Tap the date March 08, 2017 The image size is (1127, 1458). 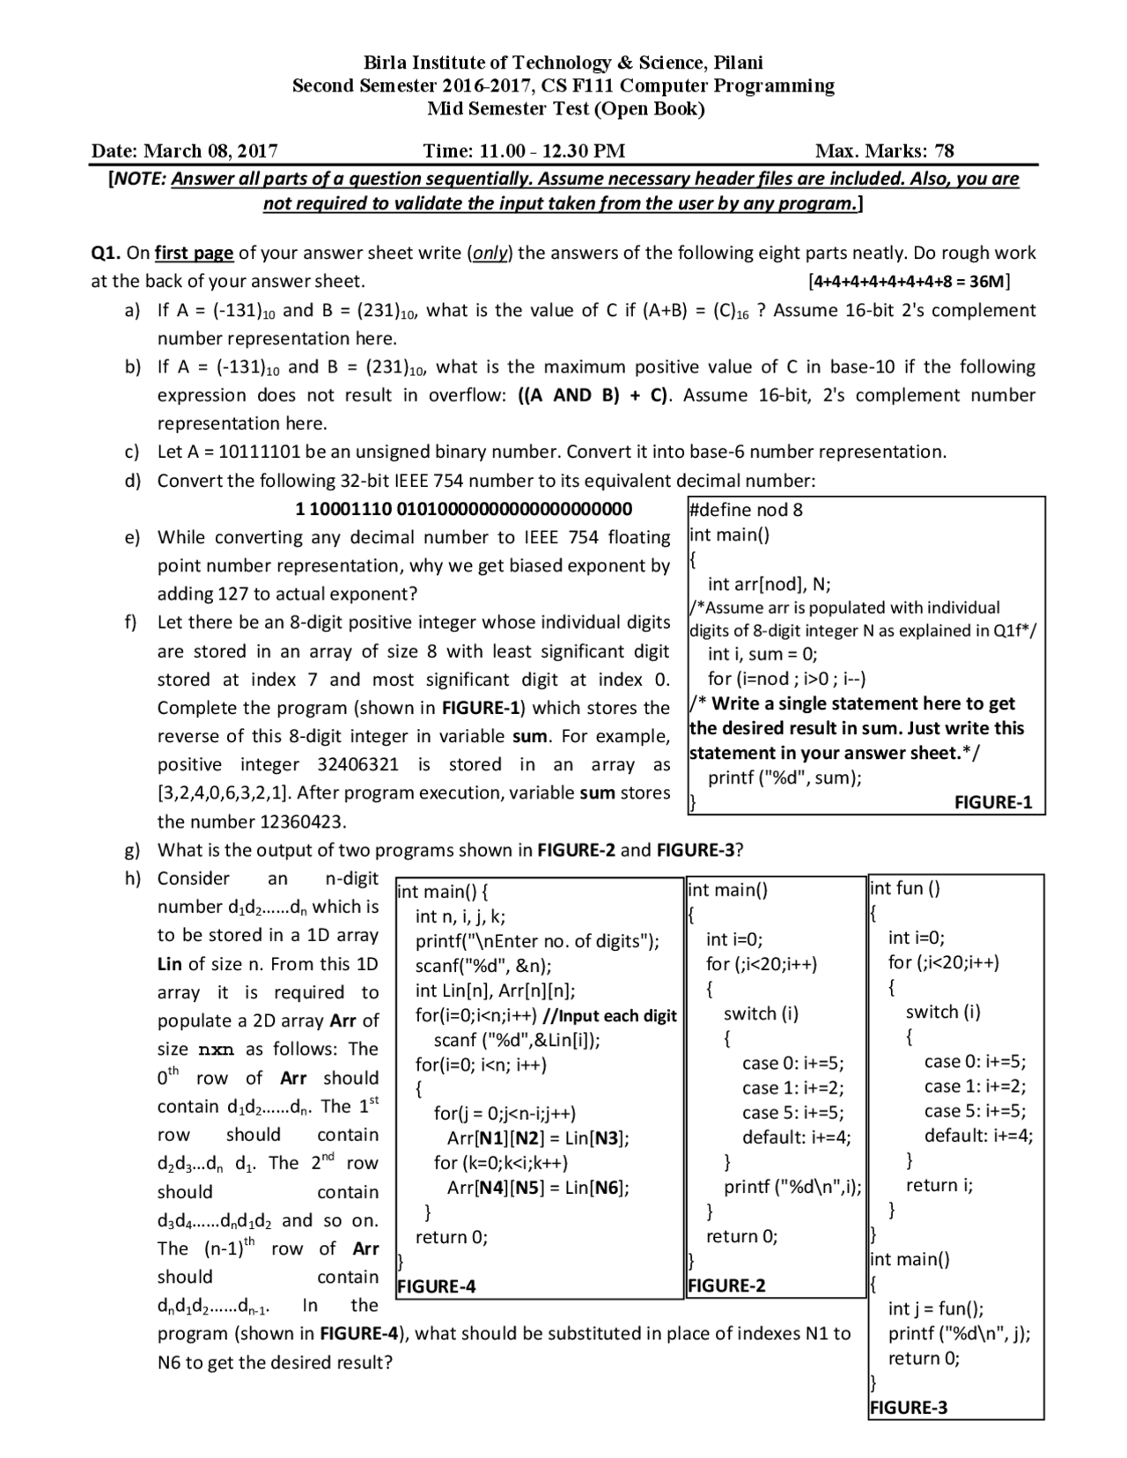tap(210, 151)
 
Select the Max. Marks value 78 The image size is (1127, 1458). tap(943, 151)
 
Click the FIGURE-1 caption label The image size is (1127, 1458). tap(992, 802)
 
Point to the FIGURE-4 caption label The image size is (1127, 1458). tap(437, 1286)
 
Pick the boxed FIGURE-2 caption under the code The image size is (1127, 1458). tap(726, 1285)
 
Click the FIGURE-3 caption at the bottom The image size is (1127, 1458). tap(909, 1407)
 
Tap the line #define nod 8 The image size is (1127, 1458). tap(746, 510)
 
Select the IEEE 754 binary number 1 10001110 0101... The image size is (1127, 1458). tap(464, 509)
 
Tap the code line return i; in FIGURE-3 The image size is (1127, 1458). tap(939, 1185)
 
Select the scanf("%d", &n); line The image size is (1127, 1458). tap(483, 966)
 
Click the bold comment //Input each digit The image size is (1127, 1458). tap(609, 1016)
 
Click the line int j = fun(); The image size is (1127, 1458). tap(936, 1308)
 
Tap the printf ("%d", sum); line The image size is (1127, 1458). tap(784, 777)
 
